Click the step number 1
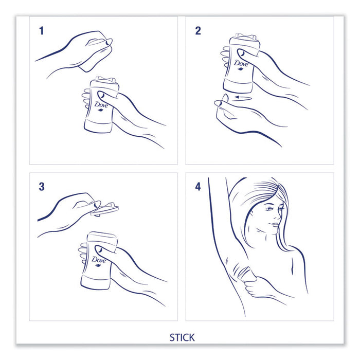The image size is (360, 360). tap(42, 31)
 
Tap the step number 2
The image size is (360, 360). tap(198, 31)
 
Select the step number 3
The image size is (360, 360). tap(42, 186)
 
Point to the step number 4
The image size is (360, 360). tap(198, 187)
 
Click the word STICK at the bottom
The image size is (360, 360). tap(182, 337)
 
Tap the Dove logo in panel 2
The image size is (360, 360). tap(241, 64)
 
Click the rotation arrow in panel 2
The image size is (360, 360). tap(243, 98)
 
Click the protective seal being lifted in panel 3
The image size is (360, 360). tap(104, 209)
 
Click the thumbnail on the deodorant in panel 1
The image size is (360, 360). tap(101, 95)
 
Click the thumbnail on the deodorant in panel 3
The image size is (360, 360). tap(99, 249)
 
